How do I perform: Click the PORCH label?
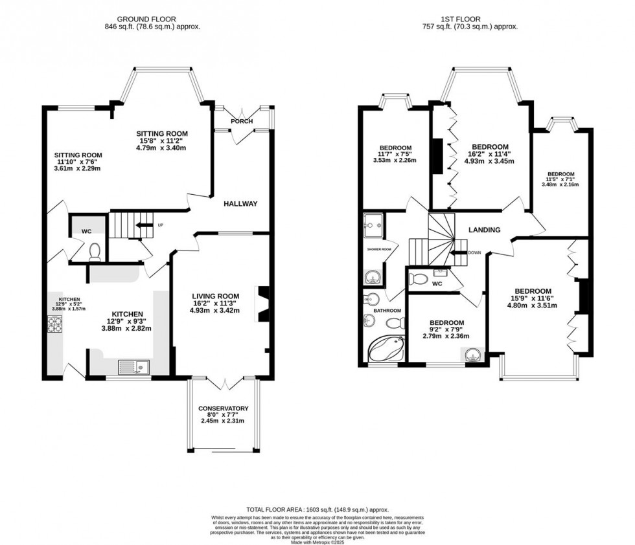242,121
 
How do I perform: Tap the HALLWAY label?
241,204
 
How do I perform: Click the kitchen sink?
133,368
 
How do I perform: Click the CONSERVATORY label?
224,408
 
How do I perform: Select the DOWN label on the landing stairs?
474,253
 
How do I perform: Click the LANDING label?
485,230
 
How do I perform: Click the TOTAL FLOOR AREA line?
317,509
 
